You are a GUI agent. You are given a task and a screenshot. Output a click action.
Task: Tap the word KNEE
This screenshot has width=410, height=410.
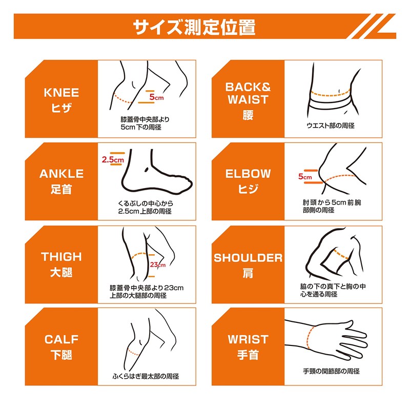[61, 93]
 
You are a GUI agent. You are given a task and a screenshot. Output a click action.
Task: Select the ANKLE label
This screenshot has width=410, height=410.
[61, 174]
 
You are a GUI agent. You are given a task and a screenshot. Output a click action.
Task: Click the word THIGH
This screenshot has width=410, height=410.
[61, 257]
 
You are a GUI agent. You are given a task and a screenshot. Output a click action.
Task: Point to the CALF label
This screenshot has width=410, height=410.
[61, 339]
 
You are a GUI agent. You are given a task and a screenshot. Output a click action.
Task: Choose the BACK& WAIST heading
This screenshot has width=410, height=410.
[248, 93]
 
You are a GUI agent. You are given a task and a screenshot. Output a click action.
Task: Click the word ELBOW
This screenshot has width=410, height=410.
[248, 174]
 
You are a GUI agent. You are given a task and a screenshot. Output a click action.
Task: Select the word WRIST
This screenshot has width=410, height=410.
[248, 339]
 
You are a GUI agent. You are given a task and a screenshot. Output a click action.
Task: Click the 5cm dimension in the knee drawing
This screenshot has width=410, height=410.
[156, 96]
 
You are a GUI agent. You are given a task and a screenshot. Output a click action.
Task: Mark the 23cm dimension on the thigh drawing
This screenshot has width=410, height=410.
[158, 265]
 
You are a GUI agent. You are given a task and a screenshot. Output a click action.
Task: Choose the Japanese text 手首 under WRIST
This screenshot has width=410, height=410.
[248, 355]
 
